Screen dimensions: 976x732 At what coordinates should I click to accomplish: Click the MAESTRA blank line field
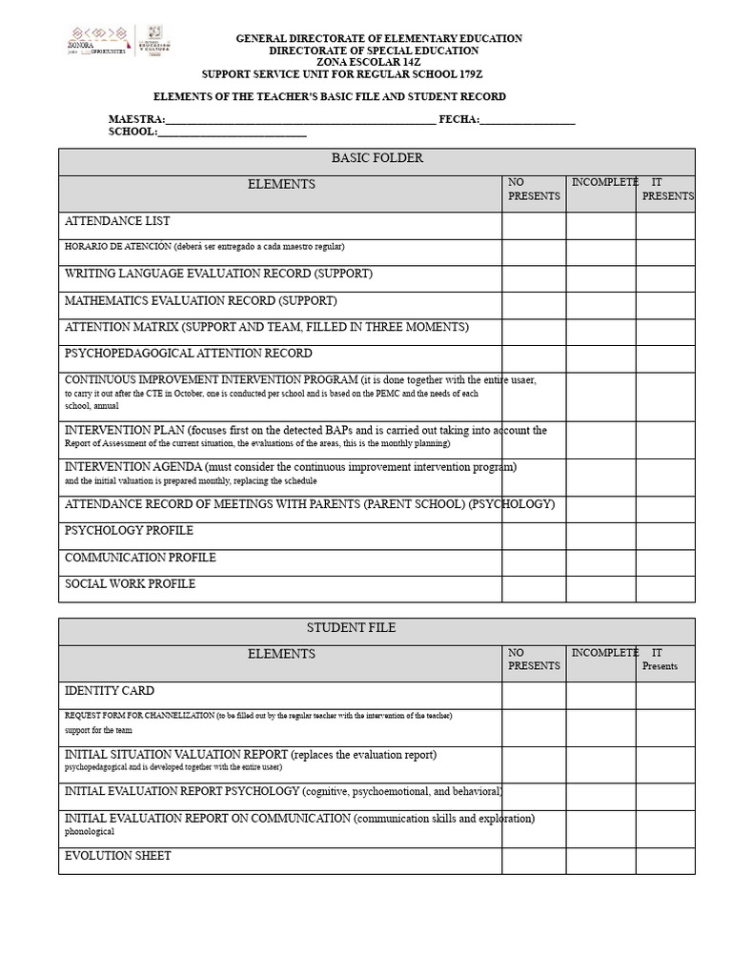click(x=300, y=120)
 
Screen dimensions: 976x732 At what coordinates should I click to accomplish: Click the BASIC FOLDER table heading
click(x=376, y=158)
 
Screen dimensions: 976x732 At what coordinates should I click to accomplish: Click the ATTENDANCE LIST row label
click(x=117, y=221)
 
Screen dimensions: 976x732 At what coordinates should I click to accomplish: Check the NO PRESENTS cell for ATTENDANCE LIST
click(x=534, y=226)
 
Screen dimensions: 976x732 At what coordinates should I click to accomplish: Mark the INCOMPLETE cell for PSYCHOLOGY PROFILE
click(x=600, y=536)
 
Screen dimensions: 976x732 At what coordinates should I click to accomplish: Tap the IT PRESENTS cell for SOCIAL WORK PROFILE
click(x=665, y=589)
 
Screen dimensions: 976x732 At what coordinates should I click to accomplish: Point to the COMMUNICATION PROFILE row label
click(x=140, y=558)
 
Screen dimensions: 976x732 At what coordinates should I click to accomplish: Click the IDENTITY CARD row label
click(x=109, y=691)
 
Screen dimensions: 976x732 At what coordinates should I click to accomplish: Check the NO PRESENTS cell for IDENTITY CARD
click(x=534, y=696)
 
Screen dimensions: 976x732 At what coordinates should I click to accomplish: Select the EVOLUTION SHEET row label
click(x=118, y=856)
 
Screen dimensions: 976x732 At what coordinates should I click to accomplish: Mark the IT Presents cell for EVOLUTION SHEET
click(x=665, y=861)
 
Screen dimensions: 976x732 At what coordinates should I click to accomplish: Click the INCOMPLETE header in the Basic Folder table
click(x=604, y=182)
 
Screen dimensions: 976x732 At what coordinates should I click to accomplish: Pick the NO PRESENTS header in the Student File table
click(x=534, y=660)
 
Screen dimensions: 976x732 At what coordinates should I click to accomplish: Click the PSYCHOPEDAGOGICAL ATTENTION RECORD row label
click(x=188, y=354)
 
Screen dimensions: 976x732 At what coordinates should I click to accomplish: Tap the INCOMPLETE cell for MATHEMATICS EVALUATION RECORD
click(x=600, y=305)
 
